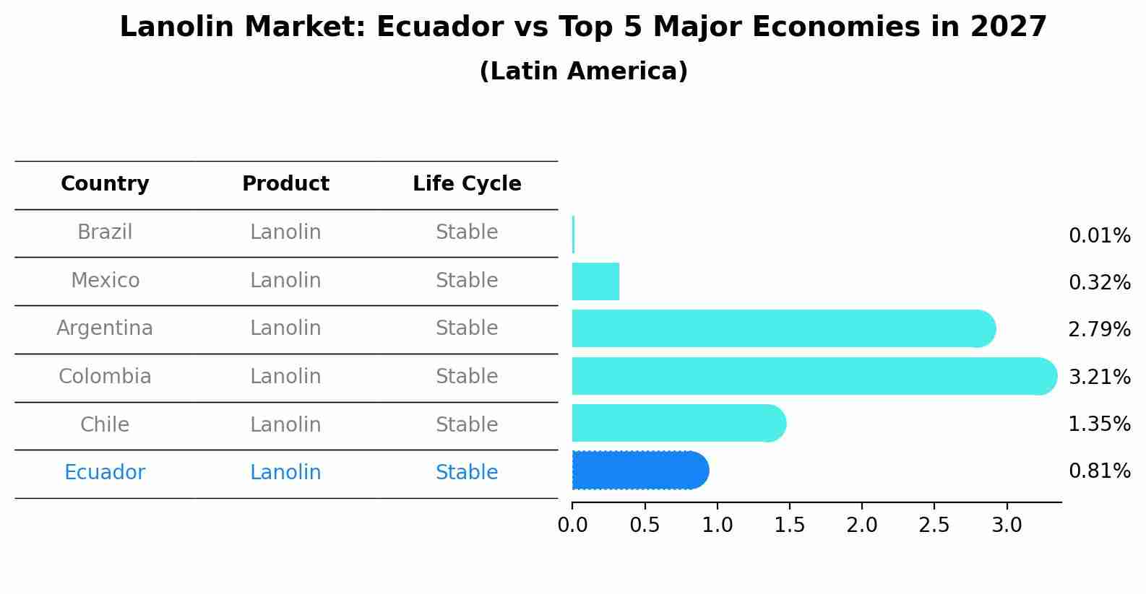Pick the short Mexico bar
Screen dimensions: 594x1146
tap(595, 281)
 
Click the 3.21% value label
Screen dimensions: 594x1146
tap(1099, 377)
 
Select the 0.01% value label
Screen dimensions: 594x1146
tap(1099, 236)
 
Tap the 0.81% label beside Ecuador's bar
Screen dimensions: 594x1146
tap(1099, 471)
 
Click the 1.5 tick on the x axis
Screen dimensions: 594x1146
tap(789, 525)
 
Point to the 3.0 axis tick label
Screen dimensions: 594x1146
tap(1007, 525)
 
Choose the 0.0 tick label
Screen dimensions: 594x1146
tap(572, 525)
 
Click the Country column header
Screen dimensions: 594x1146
tap(105, 184)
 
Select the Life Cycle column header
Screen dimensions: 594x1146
tap(467, 184)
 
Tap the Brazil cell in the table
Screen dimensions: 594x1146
tap(105, 232)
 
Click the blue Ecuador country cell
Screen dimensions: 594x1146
tap(105, 473)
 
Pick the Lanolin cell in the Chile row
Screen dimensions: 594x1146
tap(285, 424)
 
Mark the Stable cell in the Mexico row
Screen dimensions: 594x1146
tap(467, 281)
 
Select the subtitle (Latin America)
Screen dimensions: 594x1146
tap(583, 71)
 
